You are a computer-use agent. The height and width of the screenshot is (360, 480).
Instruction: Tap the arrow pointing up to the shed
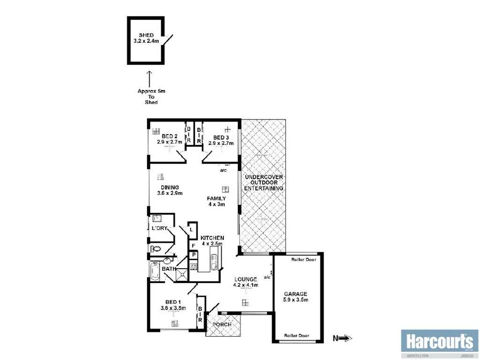[x=149, y=78]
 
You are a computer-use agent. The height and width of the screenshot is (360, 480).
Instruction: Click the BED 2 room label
[x=169, y=139]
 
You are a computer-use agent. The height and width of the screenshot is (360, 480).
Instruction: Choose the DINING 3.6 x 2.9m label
[x=169, y=190]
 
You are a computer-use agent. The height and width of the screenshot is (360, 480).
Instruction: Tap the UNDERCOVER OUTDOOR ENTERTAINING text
[x=264, y=182]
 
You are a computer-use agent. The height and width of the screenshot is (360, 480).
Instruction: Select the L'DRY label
[x=159, y=228]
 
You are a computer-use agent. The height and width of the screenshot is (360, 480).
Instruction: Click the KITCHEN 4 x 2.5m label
[x=212, y=240]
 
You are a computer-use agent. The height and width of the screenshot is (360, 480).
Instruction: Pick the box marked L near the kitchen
[x=192, y=230]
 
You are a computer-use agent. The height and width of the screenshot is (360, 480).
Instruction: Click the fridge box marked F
[x=192, y=245]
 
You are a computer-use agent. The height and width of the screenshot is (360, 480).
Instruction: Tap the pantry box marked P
[x=192, y=255]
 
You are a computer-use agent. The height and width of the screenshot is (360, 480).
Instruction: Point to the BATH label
[x=168, y=269]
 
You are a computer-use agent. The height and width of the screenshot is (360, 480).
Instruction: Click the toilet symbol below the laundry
[x=156, y=249]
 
